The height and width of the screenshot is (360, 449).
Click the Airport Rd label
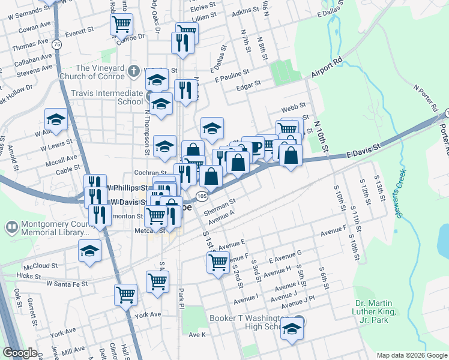coord(327,68)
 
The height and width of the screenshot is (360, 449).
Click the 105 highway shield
coord(202,196)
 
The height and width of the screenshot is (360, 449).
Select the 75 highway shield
coord(56,44)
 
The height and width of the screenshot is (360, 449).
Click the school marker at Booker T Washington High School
coord(292,329)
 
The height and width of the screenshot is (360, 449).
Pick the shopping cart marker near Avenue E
coord(217,261)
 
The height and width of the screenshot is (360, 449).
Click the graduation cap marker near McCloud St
coord(89,250)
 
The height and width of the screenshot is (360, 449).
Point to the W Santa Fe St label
coord(67,283)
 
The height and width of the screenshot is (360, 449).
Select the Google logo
coord(21,353)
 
